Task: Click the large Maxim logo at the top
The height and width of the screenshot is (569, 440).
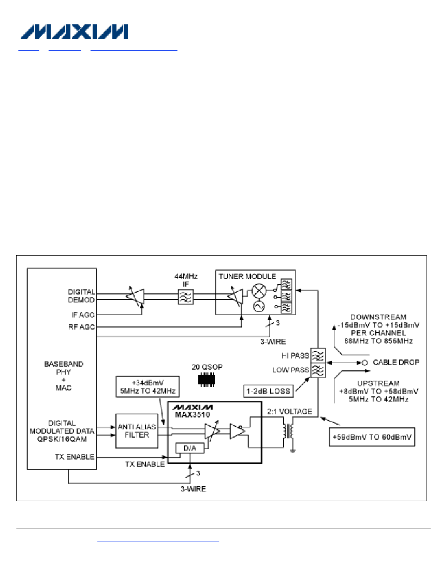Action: [x=74, y=32]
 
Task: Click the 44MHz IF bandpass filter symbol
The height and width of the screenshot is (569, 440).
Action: [x=185, y=297]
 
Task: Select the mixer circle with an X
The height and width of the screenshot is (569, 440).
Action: [x=259, y=291]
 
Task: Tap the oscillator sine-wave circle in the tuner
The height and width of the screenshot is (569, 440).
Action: [x=259, y=307]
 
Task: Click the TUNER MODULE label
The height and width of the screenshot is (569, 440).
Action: [x=247, y=277]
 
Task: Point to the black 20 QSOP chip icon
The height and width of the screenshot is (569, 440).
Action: [x=207, y=380]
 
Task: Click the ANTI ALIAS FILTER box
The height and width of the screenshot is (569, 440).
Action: [x=137, y=431]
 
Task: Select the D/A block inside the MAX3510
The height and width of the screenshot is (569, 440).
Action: [x=189, y=448]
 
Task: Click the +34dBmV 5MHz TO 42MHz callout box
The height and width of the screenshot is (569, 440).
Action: [x=148, y=387]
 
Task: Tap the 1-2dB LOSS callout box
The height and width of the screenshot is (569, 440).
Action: [x=268, y=391]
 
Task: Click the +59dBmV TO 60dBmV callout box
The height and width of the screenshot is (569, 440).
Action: [x=372, y=437]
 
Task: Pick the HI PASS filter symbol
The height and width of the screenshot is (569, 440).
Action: [x=318, y=356]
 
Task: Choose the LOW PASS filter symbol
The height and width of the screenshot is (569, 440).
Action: [x=318, y=370]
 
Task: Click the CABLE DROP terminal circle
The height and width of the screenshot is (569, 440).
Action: [x=365, y=363]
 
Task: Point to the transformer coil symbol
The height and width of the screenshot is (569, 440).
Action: [x=288, y=431]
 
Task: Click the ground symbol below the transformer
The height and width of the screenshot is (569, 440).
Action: [x=292, y=451]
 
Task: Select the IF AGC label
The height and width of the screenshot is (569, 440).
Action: [x=83, y=315]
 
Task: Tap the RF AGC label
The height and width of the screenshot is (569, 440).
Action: [x=82, y=327]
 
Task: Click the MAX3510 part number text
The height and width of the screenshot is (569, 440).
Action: [x=193, y=415]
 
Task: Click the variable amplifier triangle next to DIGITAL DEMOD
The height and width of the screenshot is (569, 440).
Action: [x=135, y=296]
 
